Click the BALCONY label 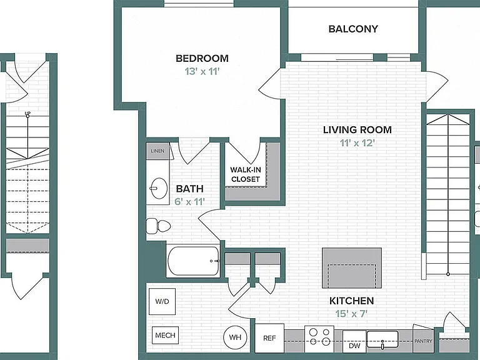point(353,29)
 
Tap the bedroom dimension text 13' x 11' point(202,71)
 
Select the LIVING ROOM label point(357,130)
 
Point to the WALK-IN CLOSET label point(245,174)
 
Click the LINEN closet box point(157,151)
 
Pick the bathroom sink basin point(159,189)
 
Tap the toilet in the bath point(158,226)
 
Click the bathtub point(194,261)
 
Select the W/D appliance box point(162,301)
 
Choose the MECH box point(165,335)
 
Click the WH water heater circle point(235,337)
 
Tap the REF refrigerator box point(269,338)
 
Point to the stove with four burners point(319,337)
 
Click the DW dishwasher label point(354,346)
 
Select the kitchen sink point(382,339)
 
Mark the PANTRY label point(423,341)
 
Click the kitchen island point(352,268)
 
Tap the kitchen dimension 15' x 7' point(351,314)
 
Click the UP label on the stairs point(27,114)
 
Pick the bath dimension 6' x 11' point(189,202)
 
